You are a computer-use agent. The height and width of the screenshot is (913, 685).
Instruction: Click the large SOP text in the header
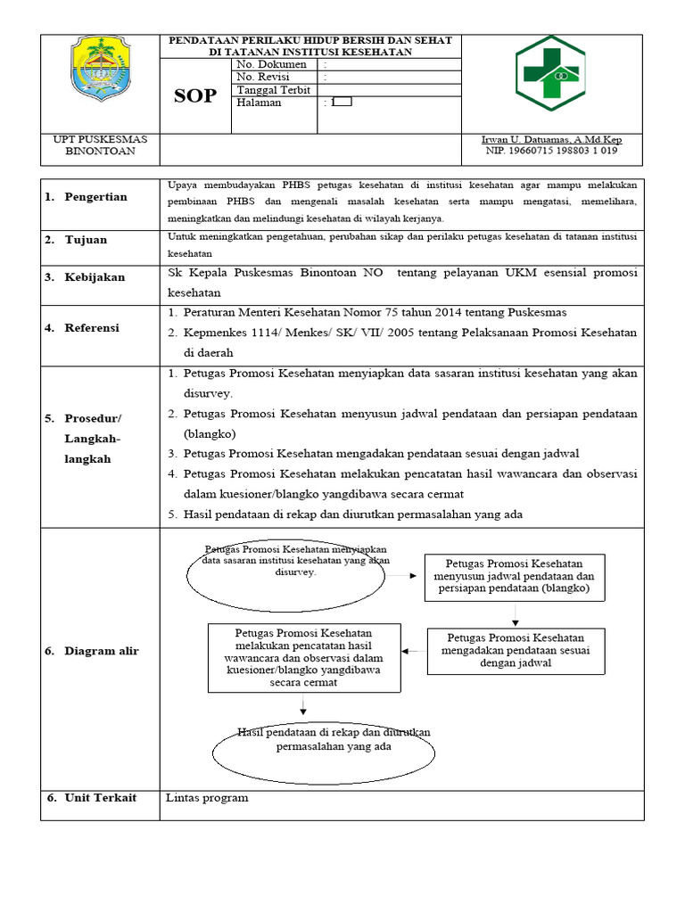194,95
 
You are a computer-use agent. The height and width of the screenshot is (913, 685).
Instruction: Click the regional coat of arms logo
100,74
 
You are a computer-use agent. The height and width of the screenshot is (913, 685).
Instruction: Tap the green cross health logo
549,74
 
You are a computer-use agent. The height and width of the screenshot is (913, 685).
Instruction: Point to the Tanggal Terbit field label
273,90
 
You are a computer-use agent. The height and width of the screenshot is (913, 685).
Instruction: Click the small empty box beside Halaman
342,102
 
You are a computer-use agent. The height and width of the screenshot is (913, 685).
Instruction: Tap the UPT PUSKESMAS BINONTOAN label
100,145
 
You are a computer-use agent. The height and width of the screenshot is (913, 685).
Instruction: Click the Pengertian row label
95,197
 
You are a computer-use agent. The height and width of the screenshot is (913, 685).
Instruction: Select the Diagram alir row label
101,652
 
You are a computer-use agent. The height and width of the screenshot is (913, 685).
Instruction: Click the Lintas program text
207,798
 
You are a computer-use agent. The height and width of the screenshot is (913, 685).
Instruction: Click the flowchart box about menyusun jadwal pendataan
514,576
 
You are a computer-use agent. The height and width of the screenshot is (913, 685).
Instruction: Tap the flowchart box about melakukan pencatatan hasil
303,658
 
